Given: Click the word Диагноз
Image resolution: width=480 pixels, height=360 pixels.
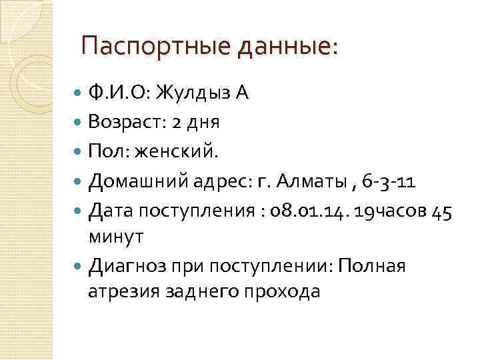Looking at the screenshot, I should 128,267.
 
